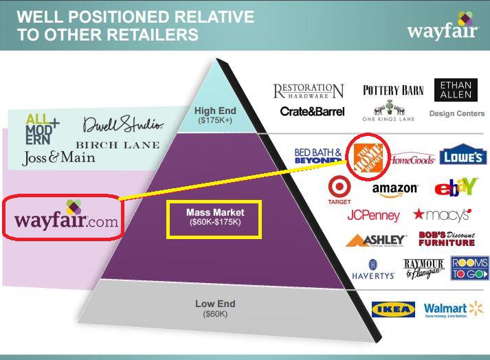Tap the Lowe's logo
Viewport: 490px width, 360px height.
(x=463, y=156)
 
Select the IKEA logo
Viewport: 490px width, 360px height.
(x=393, y=310)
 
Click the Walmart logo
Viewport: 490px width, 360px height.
(x=454, y=310)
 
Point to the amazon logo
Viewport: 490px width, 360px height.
(x=395, y=188)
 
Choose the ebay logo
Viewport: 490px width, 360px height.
(x=456, y=187)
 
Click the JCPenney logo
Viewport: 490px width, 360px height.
(x=373, y=216)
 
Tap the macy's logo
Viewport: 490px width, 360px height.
(x=441, y=215)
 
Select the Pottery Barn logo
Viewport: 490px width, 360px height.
(x=394, y=90)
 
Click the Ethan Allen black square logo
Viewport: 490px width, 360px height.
(x=452, y=93)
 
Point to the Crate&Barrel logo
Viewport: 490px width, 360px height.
(x=312, y=111)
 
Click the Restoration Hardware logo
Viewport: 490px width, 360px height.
(x=309, y=91)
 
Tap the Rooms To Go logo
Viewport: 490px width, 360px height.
(x=469, y=269)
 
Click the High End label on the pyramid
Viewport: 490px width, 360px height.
(x=215, y=115)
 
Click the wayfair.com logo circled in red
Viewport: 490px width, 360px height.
(x=66, y=217)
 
